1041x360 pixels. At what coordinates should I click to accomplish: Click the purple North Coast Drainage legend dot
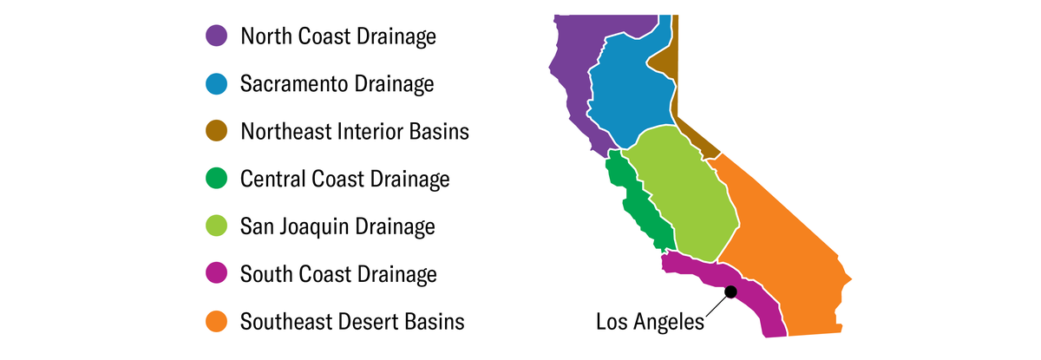216,36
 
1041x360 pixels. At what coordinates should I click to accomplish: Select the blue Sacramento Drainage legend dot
216,84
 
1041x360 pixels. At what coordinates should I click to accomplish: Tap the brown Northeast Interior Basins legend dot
216,132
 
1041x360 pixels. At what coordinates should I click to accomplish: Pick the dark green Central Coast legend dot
216,180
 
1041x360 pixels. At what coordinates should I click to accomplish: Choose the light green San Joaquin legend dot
216,227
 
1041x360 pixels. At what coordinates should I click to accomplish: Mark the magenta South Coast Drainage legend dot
216,275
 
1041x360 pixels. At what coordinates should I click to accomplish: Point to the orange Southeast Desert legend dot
216,322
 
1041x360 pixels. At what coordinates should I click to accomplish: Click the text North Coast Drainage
338,36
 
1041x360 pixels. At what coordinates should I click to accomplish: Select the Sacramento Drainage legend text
337,84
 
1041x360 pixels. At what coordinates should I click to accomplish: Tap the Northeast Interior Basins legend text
355,132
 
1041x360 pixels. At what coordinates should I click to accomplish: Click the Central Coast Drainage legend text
345,180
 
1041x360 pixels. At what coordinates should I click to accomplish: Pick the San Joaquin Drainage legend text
337,227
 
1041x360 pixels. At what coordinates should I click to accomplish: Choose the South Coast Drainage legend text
338,275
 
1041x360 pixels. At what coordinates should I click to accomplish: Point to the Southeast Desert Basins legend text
352,322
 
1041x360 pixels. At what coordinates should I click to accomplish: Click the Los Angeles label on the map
651,323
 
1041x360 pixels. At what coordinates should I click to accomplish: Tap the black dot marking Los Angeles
731,292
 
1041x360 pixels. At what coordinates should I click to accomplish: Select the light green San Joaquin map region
681,191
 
